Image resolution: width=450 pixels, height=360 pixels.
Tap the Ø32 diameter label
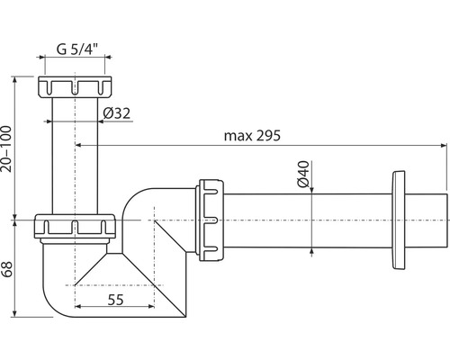tap(117, 113)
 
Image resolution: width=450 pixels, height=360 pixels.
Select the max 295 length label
tap(252, 136)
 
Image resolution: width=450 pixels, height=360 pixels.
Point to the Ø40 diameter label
tap(303, 174)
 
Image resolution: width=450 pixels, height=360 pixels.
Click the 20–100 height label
tap(6, 149)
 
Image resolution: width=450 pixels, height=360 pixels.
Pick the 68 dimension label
tap(6, 269)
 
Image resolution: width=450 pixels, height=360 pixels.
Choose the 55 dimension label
tap(115, 300)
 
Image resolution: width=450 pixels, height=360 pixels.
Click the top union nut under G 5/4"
tap(75, 86)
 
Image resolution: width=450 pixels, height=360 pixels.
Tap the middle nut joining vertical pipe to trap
tap(75, 226)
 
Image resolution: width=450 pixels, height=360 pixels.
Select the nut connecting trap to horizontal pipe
tap(210, 220)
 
